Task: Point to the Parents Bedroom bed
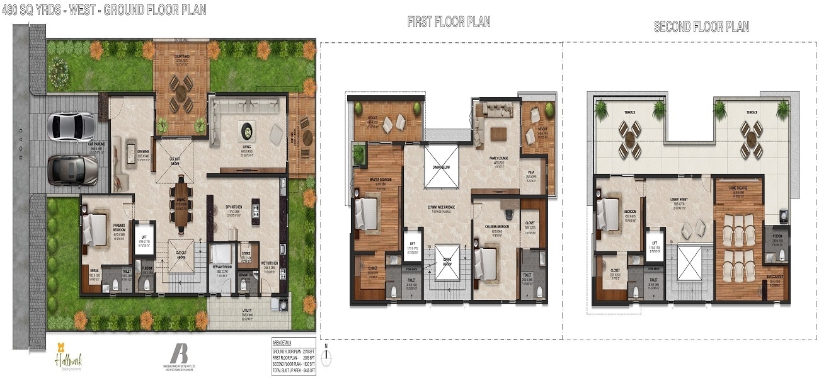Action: click(96, 225)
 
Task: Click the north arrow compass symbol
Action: click(325, 356)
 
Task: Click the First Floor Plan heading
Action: click(449, 22)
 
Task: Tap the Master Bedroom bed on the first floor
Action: click(368, 213)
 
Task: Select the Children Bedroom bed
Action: click(487, 259)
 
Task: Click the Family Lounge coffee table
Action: click(498, 133)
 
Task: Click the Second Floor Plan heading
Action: click(701, 26)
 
